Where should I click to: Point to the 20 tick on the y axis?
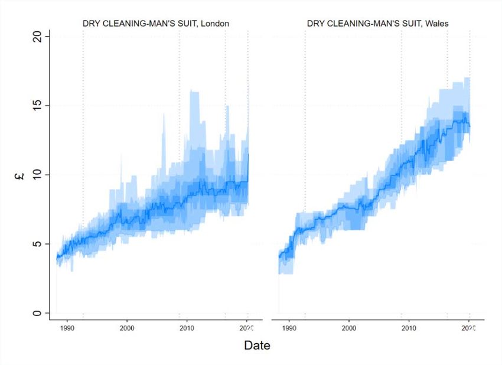(39, 37)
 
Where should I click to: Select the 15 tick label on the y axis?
(39, 106)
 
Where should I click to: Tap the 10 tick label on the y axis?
(39, 175)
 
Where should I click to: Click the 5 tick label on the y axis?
(39, 244)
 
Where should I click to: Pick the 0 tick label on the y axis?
(39, 313)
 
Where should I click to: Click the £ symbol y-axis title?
(19, 175)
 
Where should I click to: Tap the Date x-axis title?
(257, 346)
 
